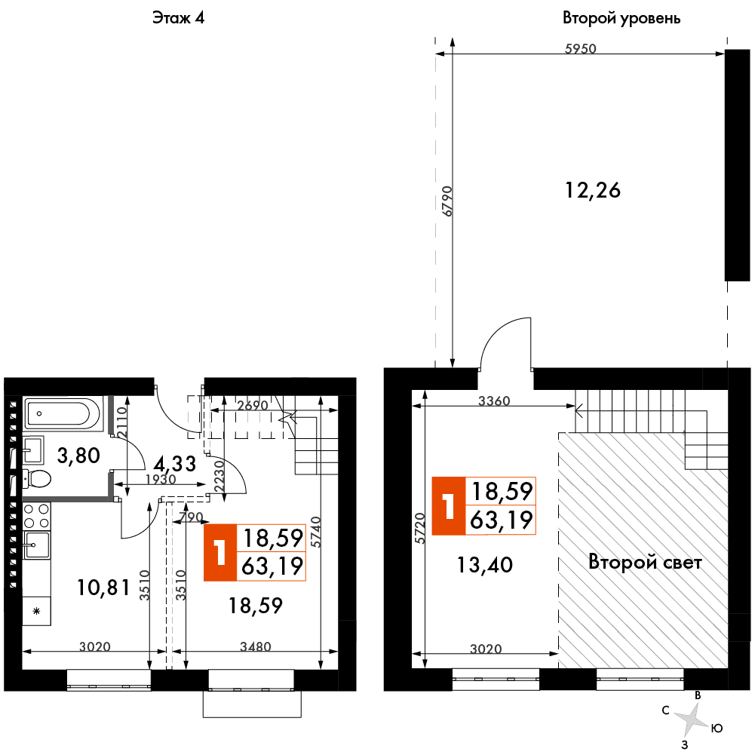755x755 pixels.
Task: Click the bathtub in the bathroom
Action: tap(63, 413)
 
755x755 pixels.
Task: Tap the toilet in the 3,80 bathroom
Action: tap(37, 479)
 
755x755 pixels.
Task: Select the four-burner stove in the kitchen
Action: tap(37, 516)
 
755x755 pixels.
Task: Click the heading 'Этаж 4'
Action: tap(179, 18)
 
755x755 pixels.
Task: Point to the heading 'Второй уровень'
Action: tap(621, 18)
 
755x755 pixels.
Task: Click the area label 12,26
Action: tap(592, 190)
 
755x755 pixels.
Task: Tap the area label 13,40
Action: tap(484, 565)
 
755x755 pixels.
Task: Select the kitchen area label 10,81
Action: tap(103, 588)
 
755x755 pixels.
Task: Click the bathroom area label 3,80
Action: tap(78, 455)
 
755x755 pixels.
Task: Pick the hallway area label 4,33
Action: tap(174, 464)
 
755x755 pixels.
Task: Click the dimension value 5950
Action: tap(580, 48)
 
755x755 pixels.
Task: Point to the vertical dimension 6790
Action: tap(447, 201)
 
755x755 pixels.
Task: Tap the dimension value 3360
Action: tap(494, 401)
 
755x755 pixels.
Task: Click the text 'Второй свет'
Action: tap(645, 562)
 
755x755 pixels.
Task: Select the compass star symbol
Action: tap(692, 719)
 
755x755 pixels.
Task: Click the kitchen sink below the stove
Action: tap(37, 545)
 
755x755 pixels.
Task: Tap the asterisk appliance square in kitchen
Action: tap(37, 611)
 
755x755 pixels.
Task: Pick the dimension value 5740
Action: tap(316, 532)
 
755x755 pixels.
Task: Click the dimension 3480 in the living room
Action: tap(256, 646)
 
